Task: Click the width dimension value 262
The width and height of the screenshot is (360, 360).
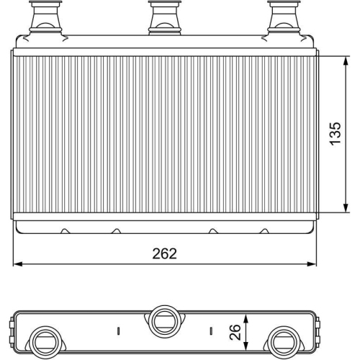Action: tap(165, 254)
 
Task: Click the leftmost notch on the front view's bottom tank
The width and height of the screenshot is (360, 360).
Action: tap(66, 231)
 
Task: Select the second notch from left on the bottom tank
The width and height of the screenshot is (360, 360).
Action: tap(114, 231)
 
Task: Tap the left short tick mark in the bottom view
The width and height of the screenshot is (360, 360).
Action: tap(116, 333)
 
